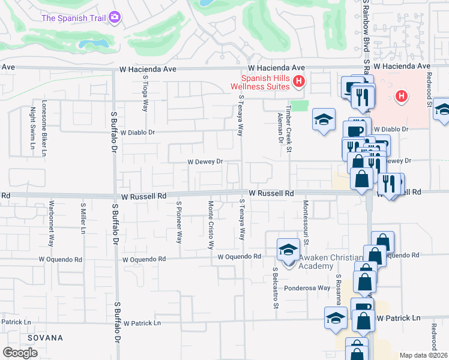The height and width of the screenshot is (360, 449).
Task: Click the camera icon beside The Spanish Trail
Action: tap(115, 17)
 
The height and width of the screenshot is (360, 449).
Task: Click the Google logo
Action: tap(20, 353)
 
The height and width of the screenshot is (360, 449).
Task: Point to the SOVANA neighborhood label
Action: tap(44, 338)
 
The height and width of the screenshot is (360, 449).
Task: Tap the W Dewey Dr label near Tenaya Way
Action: tap(205, 161)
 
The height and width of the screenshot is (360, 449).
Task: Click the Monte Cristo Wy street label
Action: tap(211, 224)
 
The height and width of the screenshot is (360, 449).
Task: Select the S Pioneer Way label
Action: tap(178, 221)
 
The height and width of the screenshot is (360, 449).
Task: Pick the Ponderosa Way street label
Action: tap(307, 288)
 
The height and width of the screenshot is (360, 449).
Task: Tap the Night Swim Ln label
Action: tap(32, 124)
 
